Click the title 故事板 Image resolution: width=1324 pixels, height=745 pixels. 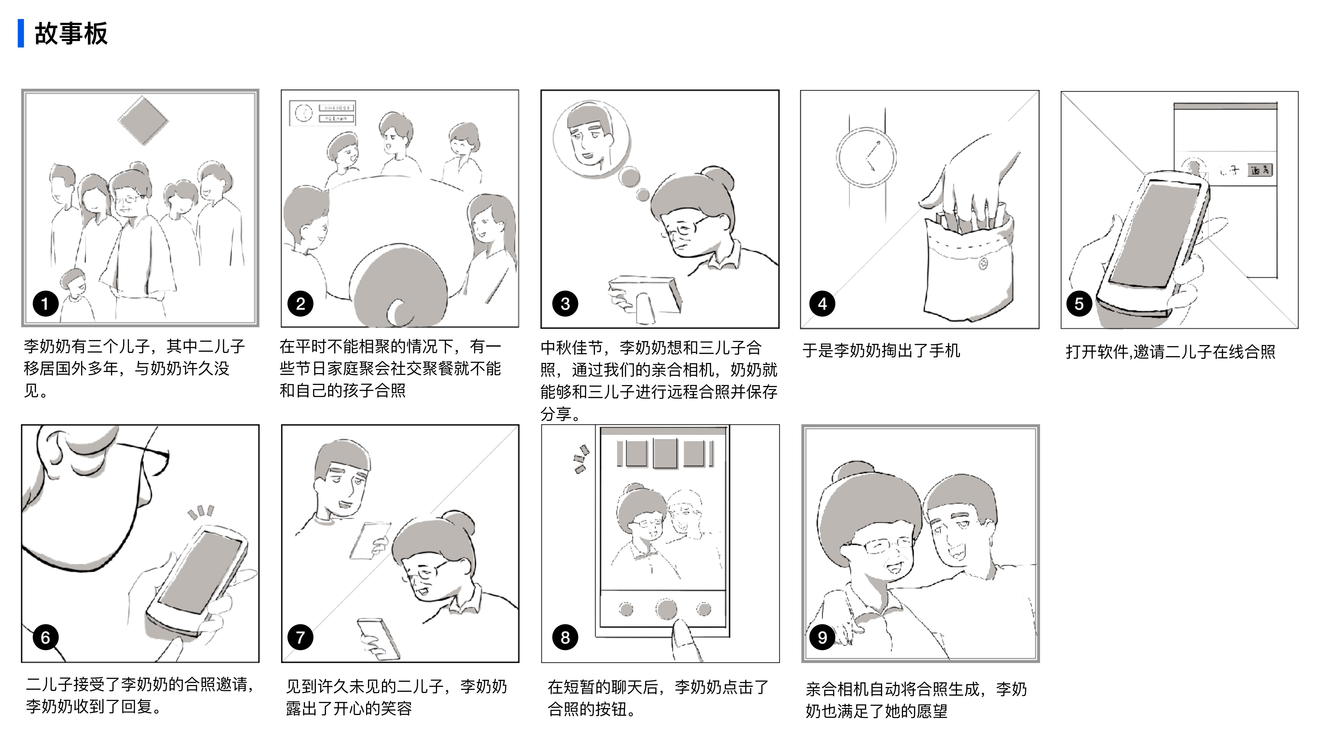[x=71, y=34]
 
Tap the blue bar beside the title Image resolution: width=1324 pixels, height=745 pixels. [x=21, y=33]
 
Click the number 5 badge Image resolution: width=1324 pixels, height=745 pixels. [x=1079, y=304]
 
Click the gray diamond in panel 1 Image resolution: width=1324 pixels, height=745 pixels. [x=143, y=121]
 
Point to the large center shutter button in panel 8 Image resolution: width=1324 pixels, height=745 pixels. [x=666, y=609]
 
